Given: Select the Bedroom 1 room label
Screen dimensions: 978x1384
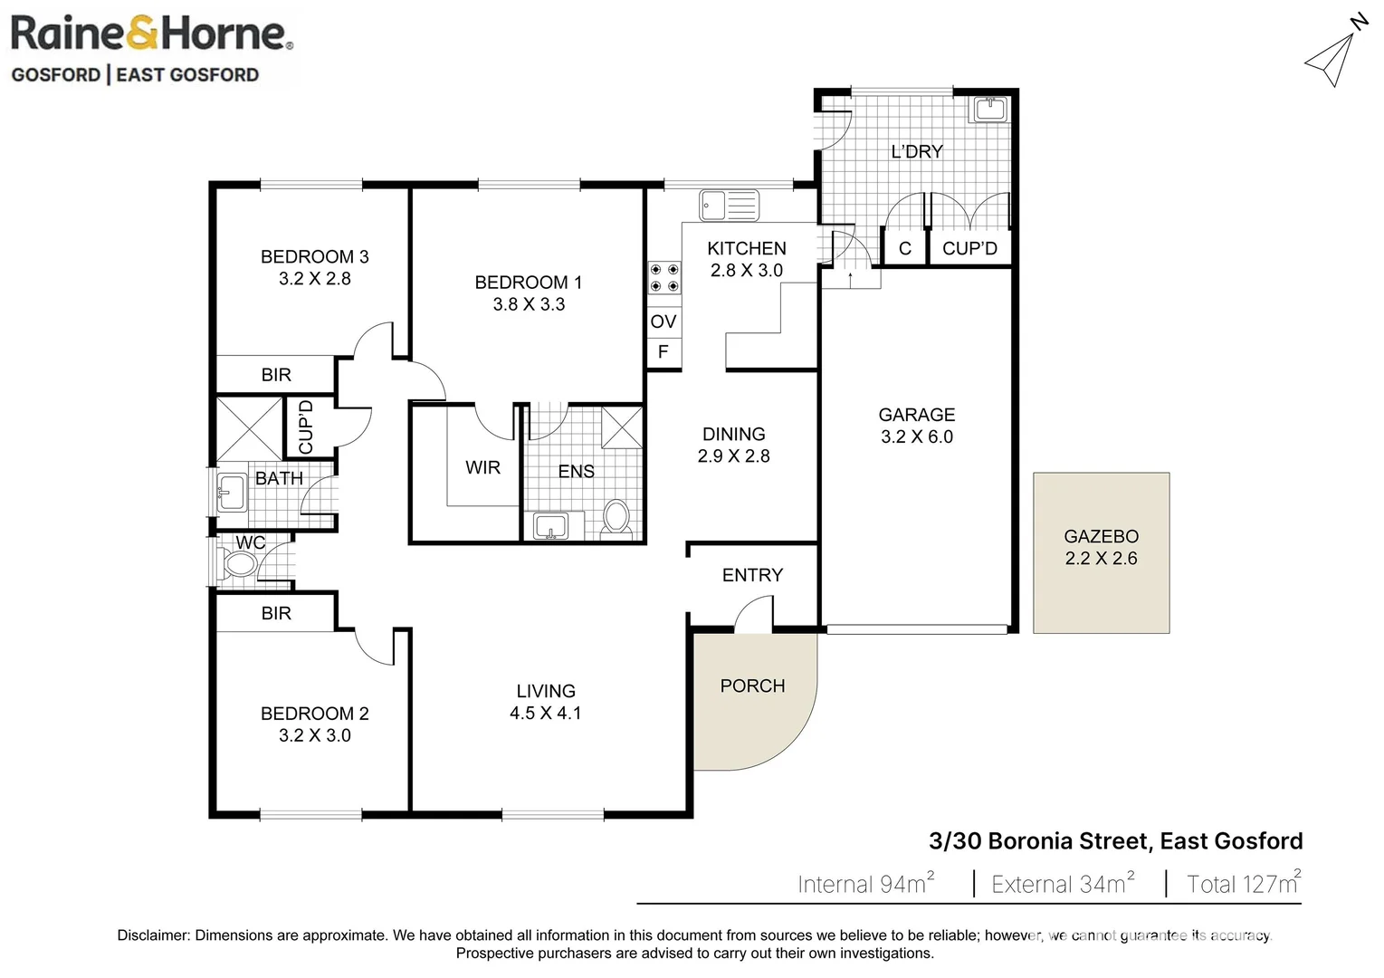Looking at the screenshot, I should tap(528, 283).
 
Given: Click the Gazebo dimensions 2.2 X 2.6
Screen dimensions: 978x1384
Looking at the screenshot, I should tap(1101, 559).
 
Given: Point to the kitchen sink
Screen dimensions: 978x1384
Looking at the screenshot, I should tap(729, 206).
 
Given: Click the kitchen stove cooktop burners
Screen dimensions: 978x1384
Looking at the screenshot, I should tap(663, 278).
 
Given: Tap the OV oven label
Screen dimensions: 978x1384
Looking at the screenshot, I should tap(663, 321).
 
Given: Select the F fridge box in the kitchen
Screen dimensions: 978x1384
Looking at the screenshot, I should tap(663, 352).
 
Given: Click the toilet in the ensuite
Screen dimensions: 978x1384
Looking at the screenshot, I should tap(616, 518).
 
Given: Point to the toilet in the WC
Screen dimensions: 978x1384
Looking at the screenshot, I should tap(239, 565).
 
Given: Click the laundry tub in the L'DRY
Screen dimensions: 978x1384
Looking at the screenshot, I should tap(989, 110).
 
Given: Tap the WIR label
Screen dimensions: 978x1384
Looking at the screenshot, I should tap(482, 467).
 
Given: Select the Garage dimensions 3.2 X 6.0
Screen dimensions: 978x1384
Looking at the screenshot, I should tap(916, 436).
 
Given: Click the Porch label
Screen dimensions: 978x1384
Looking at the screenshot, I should tap(752, 686).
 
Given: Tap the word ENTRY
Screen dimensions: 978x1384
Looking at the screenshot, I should tap(752, 575).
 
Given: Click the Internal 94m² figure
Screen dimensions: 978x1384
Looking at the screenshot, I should tap(864, 884).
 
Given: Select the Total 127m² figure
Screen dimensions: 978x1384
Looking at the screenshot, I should tap(1243, 884).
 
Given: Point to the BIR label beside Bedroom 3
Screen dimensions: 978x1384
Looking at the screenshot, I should tap(276, 375).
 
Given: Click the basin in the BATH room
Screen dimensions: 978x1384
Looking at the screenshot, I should tap(231, 494).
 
